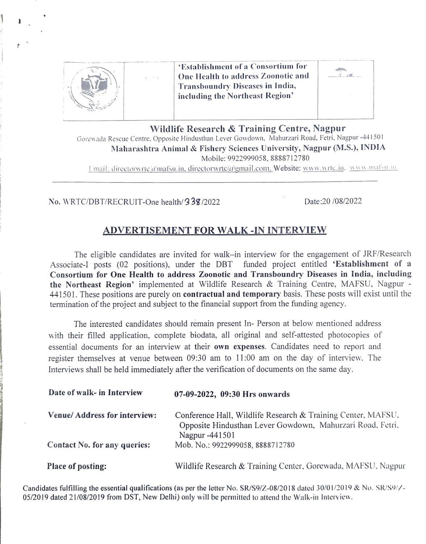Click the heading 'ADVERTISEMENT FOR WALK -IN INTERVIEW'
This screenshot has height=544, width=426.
pos(215,230)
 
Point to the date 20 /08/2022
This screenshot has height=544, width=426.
pos(333,201)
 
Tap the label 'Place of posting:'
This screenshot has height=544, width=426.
pos(77,466)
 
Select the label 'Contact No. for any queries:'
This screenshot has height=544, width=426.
pos(99,445)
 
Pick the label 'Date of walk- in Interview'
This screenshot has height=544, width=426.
pos(95,393)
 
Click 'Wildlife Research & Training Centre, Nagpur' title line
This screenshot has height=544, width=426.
pos(248,128)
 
